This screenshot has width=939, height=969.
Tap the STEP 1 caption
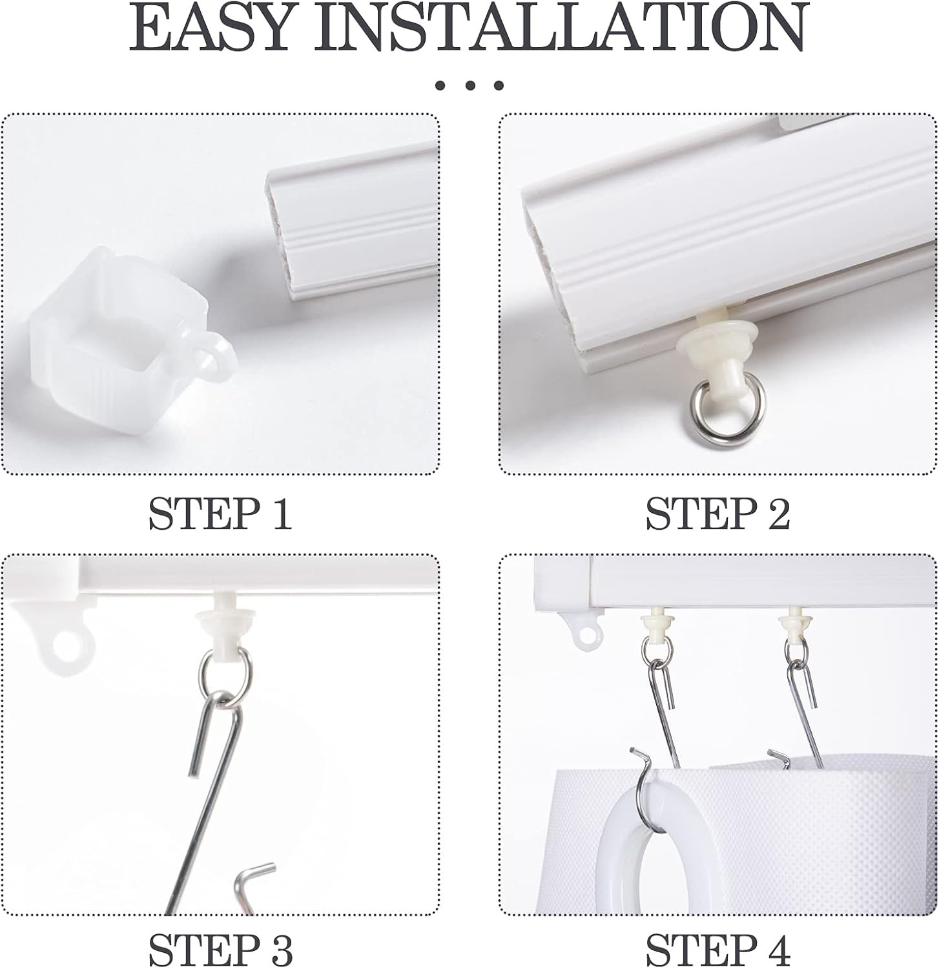click(221, 515)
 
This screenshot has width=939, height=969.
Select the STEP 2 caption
click(718, 515)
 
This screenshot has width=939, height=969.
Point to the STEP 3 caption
click(221, 950)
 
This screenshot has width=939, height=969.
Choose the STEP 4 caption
click(718, 950)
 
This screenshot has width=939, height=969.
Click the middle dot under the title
click(469, 85)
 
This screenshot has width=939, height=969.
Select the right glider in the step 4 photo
click(792, 622)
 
